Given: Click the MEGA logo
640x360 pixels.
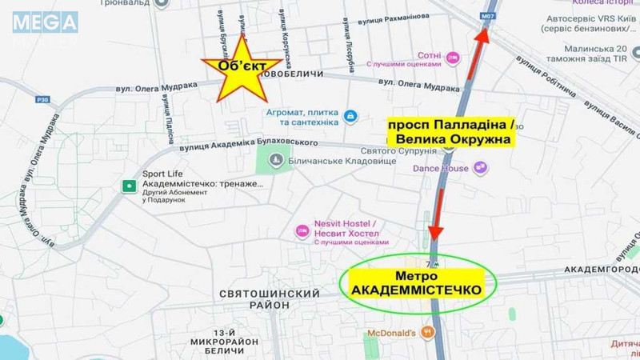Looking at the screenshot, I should point(45,22).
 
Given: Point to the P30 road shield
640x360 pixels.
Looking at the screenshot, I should point(42,100).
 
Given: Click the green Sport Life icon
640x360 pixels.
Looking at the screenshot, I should point(128,186).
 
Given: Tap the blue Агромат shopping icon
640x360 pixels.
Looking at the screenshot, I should point(350,117).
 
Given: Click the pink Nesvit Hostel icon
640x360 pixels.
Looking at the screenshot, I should point(302,231).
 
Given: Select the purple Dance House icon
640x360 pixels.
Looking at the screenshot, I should point(480,168).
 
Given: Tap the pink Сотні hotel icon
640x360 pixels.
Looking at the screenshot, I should point(453,58).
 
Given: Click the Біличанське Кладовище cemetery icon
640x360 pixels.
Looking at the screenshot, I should point(275,161).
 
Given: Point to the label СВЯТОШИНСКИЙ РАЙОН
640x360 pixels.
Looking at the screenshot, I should point(270,300).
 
